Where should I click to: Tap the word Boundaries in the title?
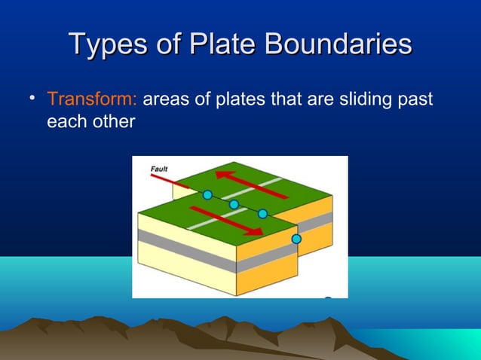click(x=352, y=44)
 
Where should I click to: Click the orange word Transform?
click(x=91, y=99)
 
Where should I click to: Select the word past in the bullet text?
click(x=417, y=99)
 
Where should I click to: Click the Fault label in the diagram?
click(x=159, y=169)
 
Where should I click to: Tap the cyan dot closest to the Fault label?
click(x=207, y=195)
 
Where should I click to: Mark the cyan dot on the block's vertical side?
click(x=296, y=239)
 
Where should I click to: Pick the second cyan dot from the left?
click(x=234, y=204)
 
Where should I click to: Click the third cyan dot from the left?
click(x=262, y=214)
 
